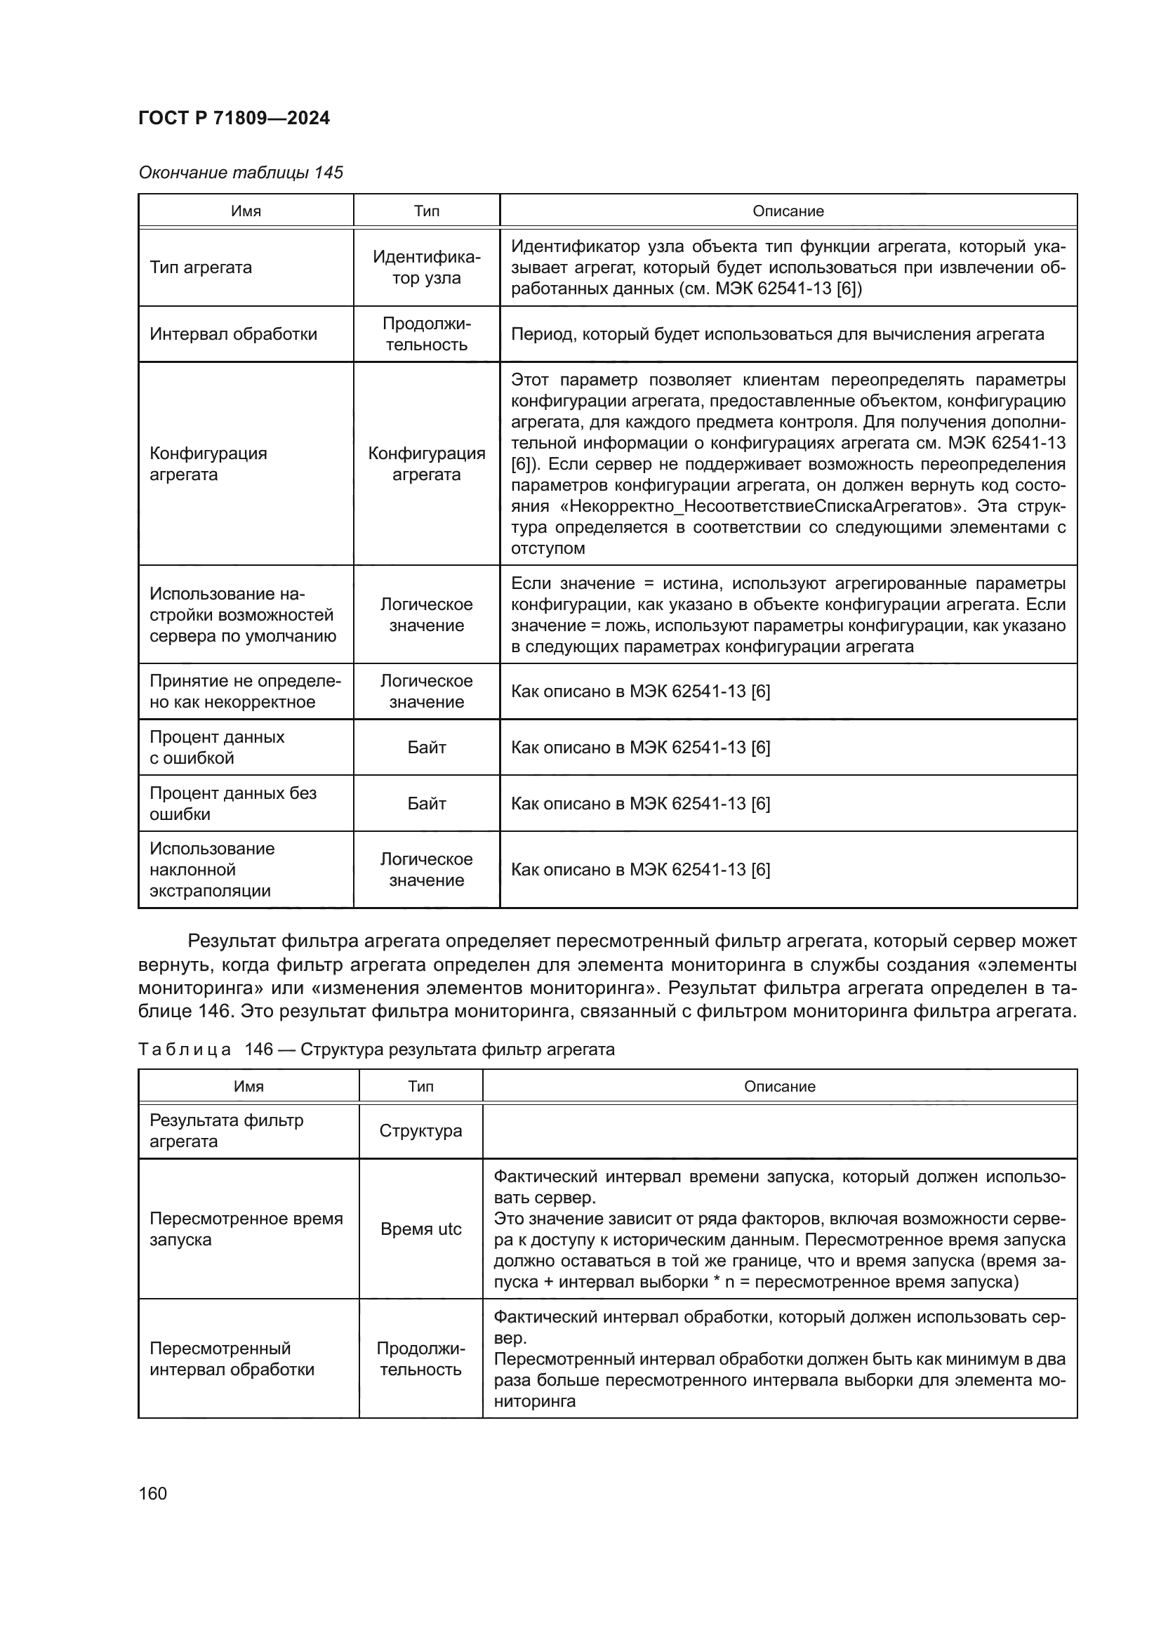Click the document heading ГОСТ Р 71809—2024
(x=234, y=118)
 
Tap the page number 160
(x=152, y=1493)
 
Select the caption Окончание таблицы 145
(x=240, y=173)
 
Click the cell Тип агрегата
(x=201, y=267)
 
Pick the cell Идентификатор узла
(x=426, y=267)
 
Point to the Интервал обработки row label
(x=233, y=334)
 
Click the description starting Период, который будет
(x=777, y=334)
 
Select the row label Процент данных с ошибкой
(x=217, y=748)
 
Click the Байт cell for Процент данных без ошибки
(x=426, y=803)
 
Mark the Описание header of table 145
(x=788, y=211)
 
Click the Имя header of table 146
(x=248, y=1086)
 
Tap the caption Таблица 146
(x=376, y=1049)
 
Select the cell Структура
(x=420, y=1131)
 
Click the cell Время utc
(x=420, y=1229)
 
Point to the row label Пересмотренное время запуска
(x=246, y=1229)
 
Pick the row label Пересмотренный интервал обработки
(x=232, y=1359)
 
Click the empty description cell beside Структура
(x=779, y=1131)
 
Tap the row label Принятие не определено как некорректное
(x=245, y=691)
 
